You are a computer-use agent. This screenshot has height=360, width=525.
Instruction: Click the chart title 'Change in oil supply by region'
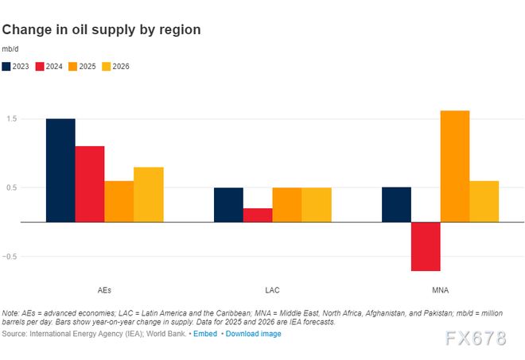101,30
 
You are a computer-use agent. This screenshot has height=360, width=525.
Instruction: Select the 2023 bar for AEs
60,170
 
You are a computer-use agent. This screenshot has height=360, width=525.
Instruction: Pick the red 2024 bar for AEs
90,184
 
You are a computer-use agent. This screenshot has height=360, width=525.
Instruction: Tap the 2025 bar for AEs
119,201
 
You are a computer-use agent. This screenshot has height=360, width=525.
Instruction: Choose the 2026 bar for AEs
149,194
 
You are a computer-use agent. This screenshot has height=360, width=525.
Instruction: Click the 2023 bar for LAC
228,204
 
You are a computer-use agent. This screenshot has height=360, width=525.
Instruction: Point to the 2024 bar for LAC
258,215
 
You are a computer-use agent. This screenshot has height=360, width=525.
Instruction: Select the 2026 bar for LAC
317,204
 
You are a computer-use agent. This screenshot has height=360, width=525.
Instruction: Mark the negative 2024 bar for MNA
426,246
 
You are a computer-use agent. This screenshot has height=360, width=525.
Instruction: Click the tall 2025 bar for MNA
455,166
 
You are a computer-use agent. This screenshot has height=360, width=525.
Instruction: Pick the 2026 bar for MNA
484,201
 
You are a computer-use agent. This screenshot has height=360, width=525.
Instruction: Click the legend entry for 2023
16,67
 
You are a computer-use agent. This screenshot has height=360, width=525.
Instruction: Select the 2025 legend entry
82,67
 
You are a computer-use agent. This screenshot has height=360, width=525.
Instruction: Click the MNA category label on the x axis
440,289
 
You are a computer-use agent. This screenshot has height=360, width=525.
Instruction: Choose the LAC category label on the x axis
273,289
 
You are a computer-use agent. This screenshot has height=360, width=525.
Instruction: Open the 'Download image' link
253,334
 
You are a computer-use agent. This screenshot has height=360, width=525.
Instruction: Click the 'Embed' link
205,334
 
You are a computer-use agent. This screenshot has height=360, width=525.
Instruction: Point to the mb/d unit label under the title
10,49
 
